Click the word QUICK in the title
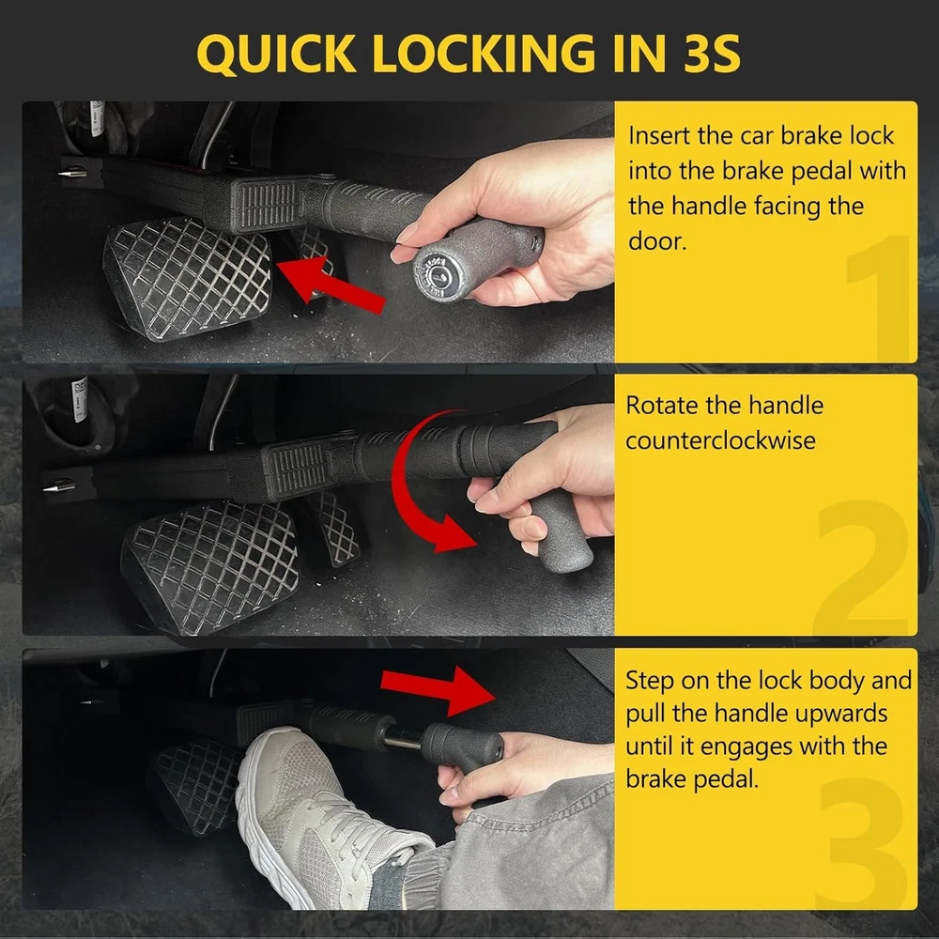[276, 54]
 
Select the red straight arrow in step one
[331, 283]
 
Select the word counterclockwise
[720, 440]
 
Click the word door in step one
[656, 241]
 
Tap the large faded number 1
[879, 298]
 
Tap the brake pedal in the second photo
[209, 566]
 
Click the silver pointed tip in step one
[72, 174]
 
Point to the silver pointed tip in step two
[58, 485]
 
